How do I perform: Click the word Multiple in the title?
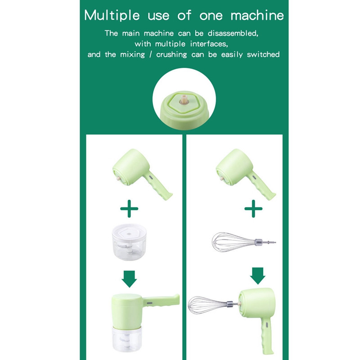pyautogui.click(x=112, y=16)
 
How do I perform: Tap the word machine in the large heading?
pyautogui.click(x=257, y=16)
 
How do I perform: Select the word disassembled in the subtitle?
pyautogui.click(x=233, y=33)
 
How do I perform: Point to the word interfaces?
pyautogui.click(x=209, y=44)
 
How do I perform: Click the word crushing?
pyautogui.click(x=171, y=54)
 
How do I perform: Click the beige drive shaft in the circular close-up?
pyautogui.click(x=184, y=99)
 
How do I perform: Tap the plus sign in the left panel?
pyautogui.click(x=129, y=208)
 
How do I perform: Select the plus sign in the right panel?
pyautogui.click(x=253, y=208)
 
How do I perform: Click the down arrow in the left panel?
pyautogui.click(x=129, y=279)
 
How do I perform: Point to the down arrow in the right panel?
pyautogui.click(x=257, y=276)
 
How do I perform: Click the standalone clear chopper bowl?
pyautogui.click(x=129, y=242)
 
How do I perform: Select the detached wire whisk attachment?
pyautogui.click(x=244, y=242)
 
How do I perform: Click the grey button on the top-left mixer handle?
pyautogui.click(x=151, y=178)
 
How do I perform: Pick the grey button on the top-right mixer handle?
pyautogui.click(x=254, y=177)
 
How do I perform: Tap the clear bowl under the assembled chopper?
pyautogui.click(x=127, y=339)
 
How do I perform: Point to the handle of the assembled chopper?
pyautogui.click(x=161, y=301)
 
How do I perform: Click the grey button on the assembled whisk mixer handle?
pyautogui.click(x=266, y=324)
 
